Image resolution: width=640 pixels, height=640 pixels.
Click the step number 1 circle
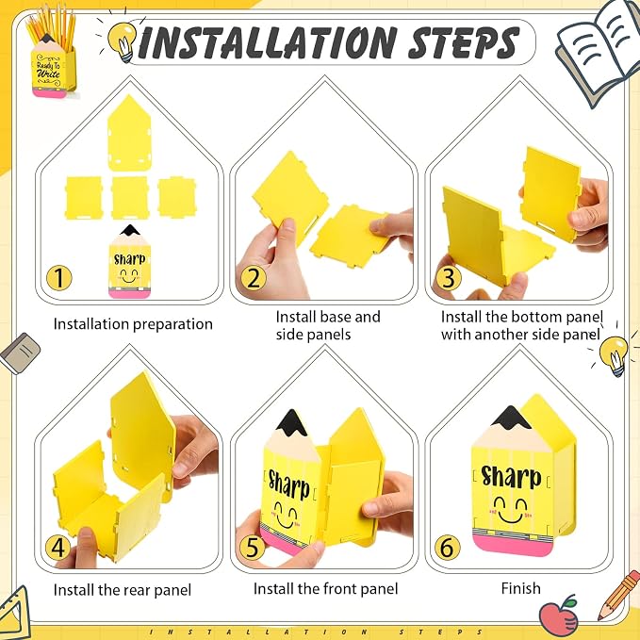point(59,278)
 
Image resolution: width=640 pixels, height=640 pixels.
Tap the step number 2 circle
point(253,278)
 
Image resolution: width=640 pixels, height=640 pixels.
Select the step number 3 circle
point(449,278)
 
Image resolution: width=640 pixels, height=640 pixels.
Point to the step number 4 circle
point(57,547)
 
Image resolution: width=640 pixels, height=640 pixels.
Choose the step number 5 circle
point(253,547)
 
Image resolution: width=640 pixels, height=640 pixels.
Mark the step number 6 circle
point(448,547)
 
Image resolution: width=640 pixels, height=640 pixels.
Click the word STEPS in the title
point(464,42)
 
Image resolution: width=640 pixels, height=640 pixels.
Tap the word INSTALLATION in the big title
point(268,42)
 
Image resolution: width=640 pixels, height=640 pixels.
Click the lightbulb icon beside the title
point(122,41)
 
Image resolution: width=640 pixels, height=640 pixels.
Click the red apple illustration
point(559,617)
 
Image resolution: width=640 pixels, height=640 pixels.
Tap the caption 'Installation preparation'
point(133,324)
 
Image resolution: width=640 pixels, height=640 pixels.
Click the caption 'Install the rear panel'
point(123,590)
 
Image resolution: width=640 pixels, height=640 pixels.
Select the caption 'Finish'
point(521,588)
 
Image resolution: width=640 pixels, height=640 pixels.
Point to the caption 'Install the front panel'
point(326,588)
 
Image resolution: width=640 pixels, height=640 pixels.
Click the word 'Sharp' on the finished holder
point(511,476)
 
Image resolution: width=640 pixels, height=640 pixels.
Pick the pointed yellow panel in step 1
point(129,133)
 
